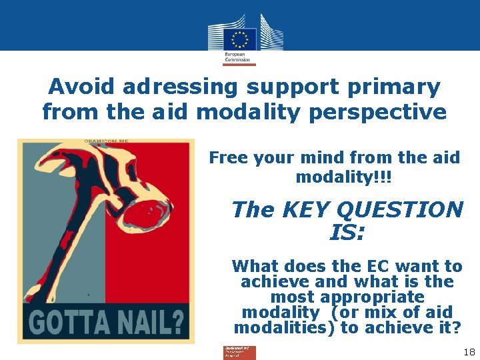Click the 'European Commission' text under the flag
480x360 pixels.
(x=237, y=57)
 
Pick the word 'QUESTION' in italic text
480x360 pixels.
(x=400, y=210)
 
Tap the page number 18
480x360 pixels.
(x=468, y=351)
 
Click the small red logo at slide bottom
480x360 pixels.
(x=239, y=353)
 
